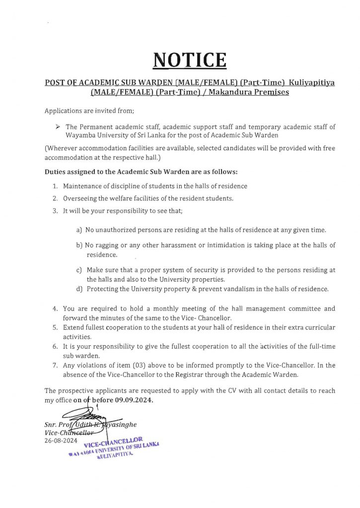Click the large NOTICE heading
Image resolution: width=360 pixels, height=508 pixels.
[190, 60]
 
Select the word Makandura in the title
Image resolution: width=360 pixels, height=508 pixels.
[226, 92]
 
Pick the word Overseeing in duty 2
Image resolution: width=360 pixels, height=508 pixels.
[80, 198]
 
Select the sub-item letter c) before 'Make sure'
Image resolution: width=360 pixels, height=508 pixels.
[79, 270]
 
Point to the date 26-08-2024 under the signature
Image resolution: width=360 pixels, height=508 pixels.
[61, 440]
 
